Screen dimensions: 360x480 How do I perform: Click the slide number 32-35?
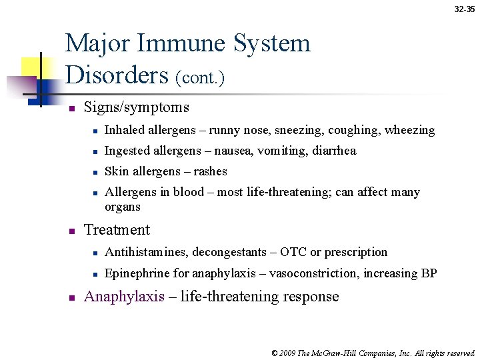[465, 9]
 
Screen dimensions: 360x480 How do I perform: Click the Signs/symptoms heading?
[136, 107]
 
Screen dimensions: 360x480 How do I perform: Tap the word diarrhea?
[334, 151]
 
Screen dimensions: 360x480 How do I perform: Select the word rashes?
[210, 171]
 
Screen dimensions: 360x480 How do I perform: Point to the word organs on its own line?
[123, 207]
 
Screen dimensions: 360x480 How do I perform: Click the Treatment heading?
[117, 230]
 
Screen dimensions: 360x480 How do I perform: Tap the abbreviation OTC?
[293, 252]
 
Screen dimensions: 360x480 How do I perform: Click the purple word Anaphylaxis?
[124, 297]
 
